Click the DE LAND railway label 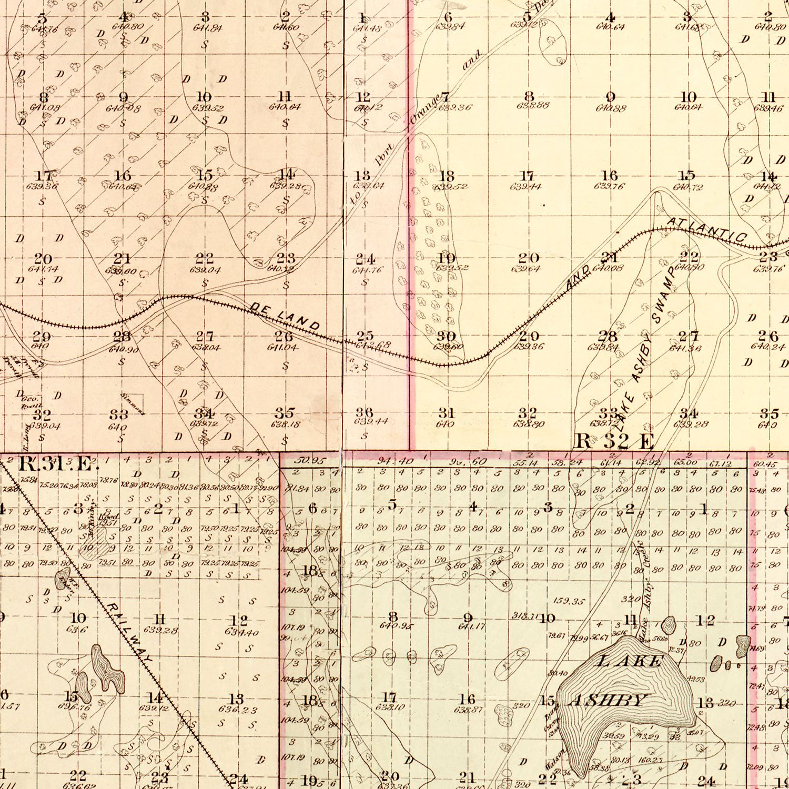click(285, 317)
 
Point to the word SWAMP click(663, 295)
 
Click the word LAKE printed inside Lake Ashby click(629, 661)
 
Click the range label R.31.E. click(59, 464)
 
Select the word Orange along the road click(424, 110)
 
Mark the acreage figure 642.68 click(373, 346)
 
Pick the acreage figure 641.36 click(685, 348)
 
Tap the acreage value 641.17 click(471, 626)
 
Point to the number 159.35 click(569, 601)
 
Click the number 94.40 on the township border click(395, 461)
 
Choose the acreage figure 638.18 click(285, 423)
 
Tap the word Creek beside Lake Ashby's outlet click(641, 555)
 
